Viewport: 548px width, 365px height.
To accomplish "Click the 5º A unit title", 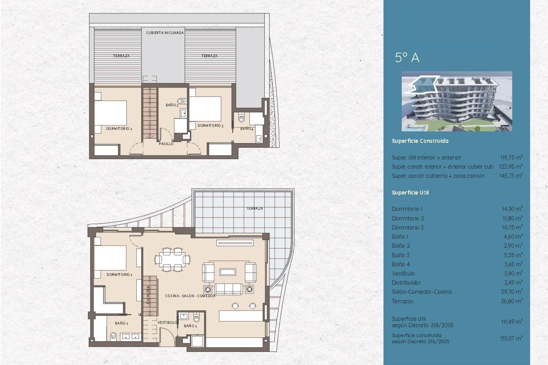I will click(407, 58).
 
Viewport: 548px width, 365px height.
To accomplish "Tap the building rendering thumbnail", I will click(457, 101).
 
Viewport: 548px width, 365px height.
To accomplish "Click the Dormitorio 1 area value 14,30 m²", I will click(512, 209).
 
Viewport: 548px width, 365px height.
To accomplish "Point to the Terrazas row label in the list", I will click(402, 301).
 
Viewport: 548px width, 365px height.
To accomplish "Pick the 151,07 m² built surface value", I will click(511, 338).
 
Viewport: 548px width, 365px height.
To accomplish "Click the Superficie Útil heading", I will click(410, 193).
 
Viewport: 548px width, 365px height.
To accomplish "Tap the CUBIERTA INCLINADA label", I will click(165, 33).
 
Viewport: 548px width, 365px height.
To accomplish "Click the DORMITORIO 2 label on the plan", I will click(119, 129).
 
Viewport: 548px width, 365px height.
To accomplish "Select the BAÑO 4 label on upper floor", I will click(247, 129).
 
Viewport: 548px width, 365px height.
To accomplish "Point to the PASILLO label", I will click(166, 144).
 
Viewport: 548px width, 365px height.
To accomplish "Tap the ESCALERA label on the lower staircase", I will click(148, 295).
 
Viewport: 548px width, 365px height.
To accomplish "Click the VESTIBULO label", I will click(167, 323).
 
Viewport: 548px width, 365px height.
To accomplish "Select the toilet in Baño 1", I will click(113, 336).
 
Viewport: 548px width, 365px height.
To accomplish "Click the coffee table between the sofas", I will click(227, 272).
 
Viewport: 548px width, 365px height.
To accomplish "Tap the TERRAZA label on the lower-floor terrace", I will click(255, 208).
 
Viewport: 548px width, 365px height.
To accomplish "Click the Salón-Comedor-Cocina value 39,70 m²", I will click(512, 292).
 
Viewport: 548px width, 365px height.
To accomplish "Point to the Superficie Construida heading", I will click(420, 141).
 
